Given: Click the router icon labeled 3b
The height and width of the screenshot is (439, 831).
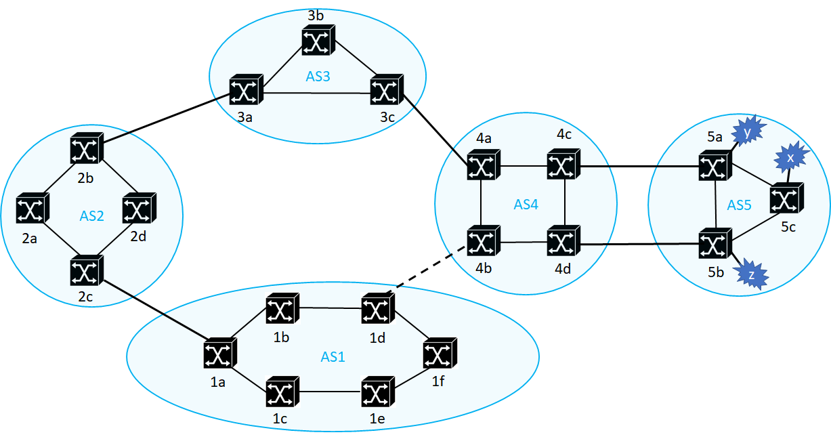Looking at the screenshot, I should pyautogui.click(x=319, y=42).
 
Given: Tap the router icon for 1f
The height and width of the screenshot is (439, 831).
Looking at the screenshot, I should pyautogui.click(x=439, y=354).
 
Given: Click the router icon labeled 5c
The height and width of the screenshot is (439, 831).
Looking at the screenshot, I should pyautogui.click(x=786, y=199).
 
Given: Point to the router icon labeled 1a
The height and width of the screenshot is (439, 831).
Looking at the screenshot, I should pyautogui.click(x=219, y=354).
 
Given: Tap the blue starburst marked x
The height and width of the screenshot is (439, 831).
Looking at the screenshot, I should pyautogui.click(x=790, y=157).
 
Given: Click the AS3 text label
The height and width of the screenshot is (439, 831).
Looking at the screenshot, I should pyautogui.click(x=318, y=77).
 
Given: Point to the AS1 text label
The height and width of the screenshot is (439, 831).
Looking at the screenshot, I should pyautogui.click(x=333, y=356).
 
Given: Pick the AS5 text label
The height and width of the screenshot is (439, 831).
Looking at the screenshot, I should pyautogui.click(x=740, y=205).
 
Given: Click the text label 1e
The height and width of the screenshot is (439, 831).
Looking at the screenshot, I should pyautogui.click(x=378, y=419).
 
